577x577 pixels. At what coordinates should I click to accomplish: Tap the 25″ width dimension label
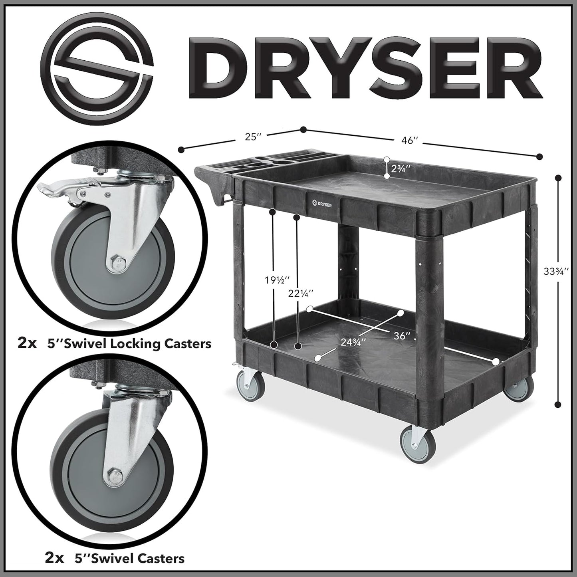point(253,137)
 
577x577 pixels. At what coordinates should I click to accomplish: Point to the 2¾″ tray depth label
point(401,168)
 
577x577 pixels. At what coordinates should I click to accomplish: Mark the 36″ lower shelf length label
point(402,336)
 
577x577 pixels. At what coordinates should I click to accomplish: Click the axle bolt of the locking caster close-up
point(117,262)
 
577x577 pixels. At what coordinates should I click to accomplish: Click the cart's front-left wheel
point(246,385)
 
